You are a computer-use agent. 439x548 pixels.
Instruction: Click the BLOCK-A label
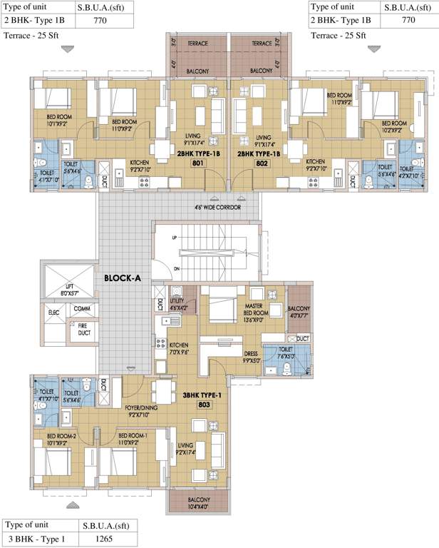[123, 279]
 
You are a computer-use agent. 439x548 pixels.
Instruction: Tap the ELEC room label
[53, 312]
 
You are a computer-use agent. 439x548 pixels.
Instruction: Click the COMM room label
[81, 308]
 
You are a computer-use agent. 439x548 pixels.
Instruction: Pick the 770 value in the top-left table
[103, 21]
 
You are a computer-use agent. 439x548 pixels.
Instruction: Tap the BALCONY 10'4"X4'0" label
[188, 503]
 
